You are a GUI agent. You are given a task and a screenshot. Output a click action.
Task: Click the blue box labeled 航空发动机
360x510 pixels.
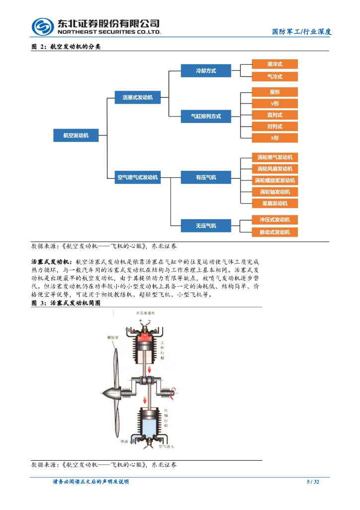pos(76,135)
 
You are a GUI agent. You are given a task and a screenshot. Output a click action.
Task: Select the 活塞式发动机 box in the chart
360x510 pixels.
pos(138,98)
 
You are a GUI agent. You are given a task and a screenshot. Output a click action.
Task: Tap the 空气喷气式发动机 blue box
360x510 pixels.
pos(138,177)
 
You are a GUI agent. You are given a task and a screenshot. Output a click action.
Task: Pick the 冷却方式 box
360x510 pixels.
pos(205,71)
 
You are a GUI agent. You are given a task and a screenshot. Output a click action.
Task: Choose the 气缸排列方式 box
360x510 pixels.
pos(205,117)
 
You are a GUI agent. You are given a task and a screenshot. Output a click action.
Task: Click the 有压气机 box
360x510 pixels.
pos(205,177)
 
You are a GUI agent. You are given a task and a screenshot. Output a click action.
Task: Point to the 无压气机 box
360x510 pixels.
pos(205,226)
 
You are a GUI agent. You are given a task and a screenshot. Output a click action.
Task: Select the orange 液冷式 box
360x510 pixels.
pos(274,64)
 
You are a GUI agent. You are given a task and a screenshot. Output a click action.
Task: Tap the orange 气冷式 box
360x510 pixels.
pos(274,77)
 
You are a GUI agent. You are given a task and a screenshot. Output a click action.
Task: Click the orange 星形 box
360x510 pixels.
pos(274,92)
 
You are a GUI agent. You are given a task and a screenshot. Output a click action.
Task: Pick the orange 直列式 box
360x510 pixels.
pos(274,115)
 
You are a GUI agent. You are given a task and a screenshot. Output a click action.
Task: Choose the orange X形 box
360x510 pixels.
pos(274,138)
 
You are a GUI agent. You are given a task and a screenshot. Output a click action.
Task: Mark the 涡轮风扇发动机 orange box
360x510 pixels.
pos(274,169)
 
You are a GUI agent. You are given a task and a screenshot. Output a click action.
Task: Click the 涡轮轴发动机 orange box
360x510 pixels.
pos(274,192)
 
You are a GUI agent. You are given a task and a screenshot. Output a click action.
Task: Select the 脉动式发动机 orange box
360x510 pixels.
pos(274,232)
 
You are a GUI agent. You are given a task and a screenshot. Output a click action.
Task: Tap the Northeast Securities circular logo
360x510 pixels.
pos(43,27)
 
